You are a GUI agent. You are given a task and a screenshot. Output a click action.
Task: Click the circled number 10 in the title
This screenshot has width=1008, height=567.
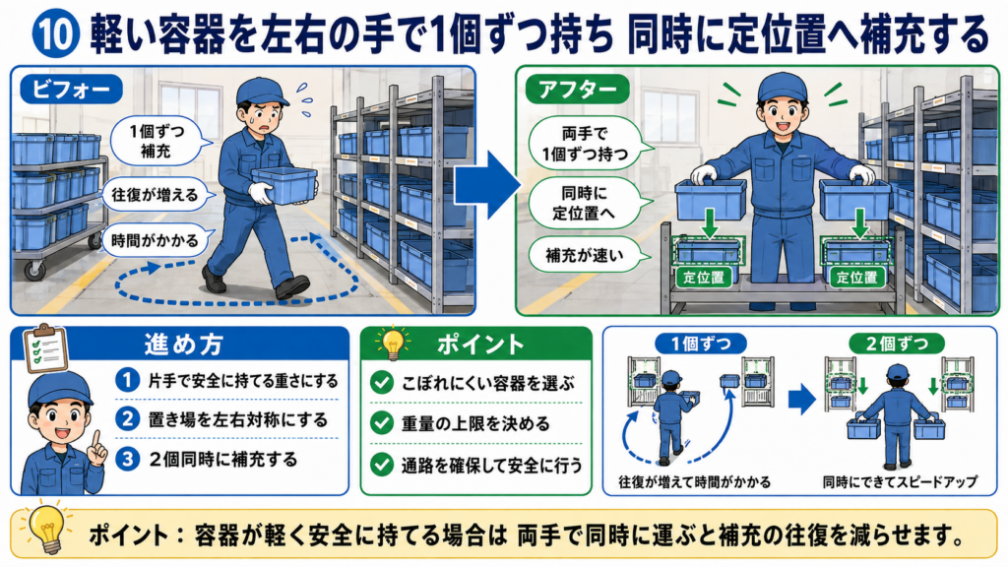point(55,34)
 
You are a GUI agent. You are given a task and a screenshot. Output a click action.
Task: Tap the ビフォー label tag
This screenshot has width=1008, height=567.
point(70,90)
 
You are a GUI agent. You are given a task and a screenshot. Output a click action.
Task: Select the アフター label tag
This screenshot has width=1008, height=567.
point(576,90)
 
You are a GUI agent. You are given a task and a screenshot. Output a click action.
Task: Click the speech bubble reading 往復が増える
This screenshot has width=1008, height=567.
point(156,195)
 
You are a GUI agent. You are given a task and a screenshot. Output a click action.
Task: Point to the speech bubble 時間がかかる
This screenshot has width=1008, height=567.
point(156,241)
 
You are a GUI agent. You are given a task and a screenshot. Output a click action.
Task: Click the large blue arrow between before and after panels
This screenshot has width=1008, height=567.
point(487,184)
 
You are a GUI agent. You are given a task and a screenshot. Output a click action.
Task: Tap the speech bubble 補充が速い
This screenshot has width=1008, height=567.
point(584,255)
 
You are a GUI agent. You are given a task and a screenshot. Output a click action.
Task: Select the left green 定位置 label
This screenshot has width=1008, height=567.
point(703,278)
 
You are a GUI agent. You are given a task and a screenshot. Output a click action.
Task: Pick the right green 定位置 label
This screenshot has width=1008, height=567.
point(856,278)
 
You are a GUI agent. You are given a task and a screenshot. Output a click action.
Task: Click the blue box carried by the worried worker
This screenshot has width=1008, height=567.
point(283,185)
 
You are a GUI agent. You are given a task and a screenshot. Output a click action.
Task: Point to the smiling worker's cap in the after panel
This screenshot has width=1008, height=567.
point(782,87)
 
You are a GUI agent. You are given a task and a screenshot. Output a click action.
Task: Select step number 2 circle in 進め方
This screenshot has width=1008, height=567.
point(127,419)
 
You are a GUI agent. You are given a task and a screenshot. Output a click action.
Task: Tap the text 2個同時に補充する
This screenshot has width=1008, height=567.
point(223,460)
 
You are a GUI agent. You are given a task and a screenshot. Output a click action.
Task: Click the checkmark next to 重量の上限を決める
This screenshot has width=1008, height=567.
point(382,423)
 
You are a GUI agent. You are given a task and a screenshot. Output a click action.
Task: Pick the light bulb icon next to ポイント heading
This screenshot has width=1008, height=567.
point(392,344)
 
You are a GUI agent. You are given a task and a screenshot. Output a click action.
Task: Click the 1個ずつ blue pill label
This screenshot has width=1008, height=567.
point(701,344)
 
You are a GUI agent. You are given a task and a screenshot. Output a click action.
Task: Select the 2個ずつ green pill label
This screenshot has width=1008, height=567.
point(897,344)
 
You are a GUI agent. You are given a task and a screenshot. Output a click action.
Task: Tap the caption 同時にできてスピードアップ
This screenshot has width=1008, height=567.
point(900,481)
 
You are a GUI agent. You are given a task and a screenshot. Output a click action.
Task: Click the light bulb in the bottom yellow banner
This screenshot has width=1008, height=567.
point(47,528)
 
